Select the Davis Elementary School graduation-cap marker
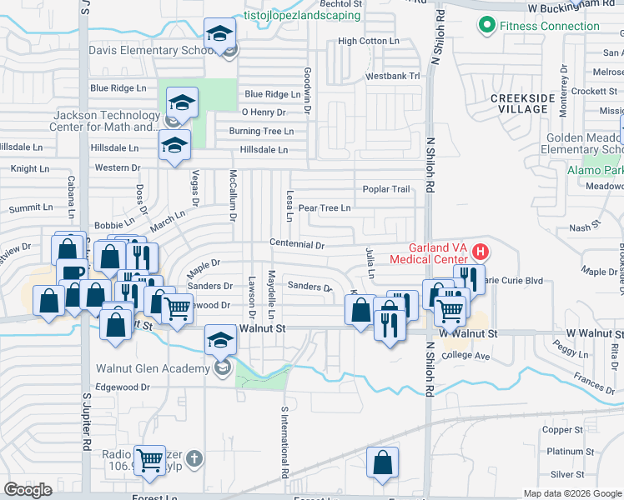tap(220, 35)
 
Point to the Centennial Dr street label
tap(296, 245)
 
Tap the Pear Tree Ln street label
tap(324, 207)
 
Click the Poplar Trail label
tap(385, 189)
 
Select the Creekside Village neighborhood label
tap(522, 104)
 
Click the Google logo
tap(28, 489)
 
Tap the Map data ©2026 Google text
tap(571, 493)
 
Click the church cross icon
tap(194, 457)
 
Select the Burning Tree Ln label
tap(261, 131)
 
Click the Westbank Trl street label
tap(392, 76)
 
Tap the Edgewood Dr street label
tap(122, 387)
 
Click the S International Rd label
tap(284, 441)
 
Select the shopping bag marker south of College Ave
tap(382, 463)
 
